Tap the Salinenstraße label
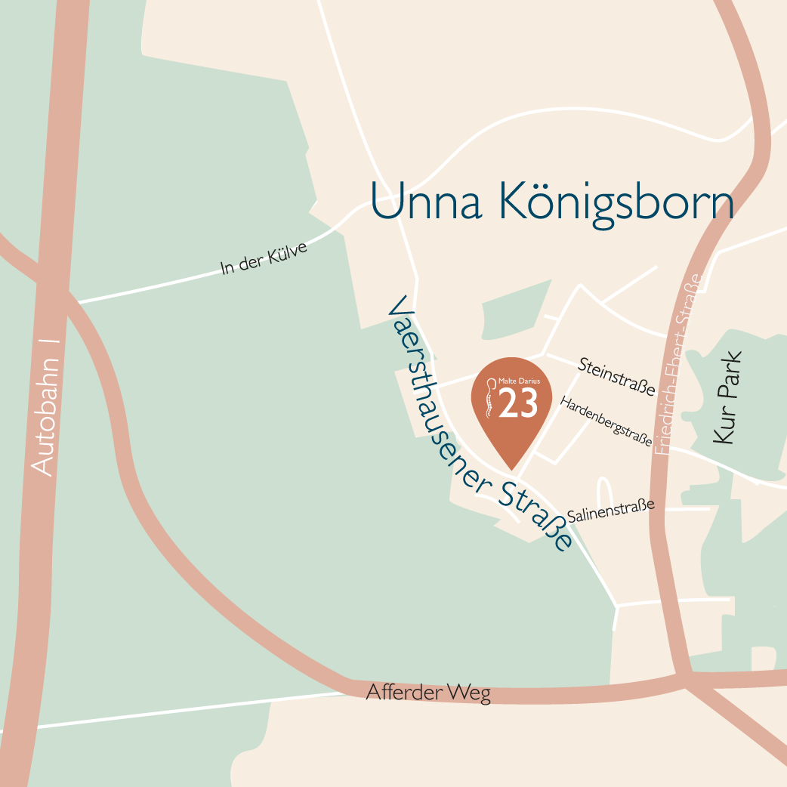coord(610,511)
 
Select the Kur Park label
coord(728,397)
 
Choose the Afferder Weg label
coord(428,693)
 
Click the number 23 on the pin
coord(519,404)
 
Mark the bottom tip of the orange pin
coord(511,468)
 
